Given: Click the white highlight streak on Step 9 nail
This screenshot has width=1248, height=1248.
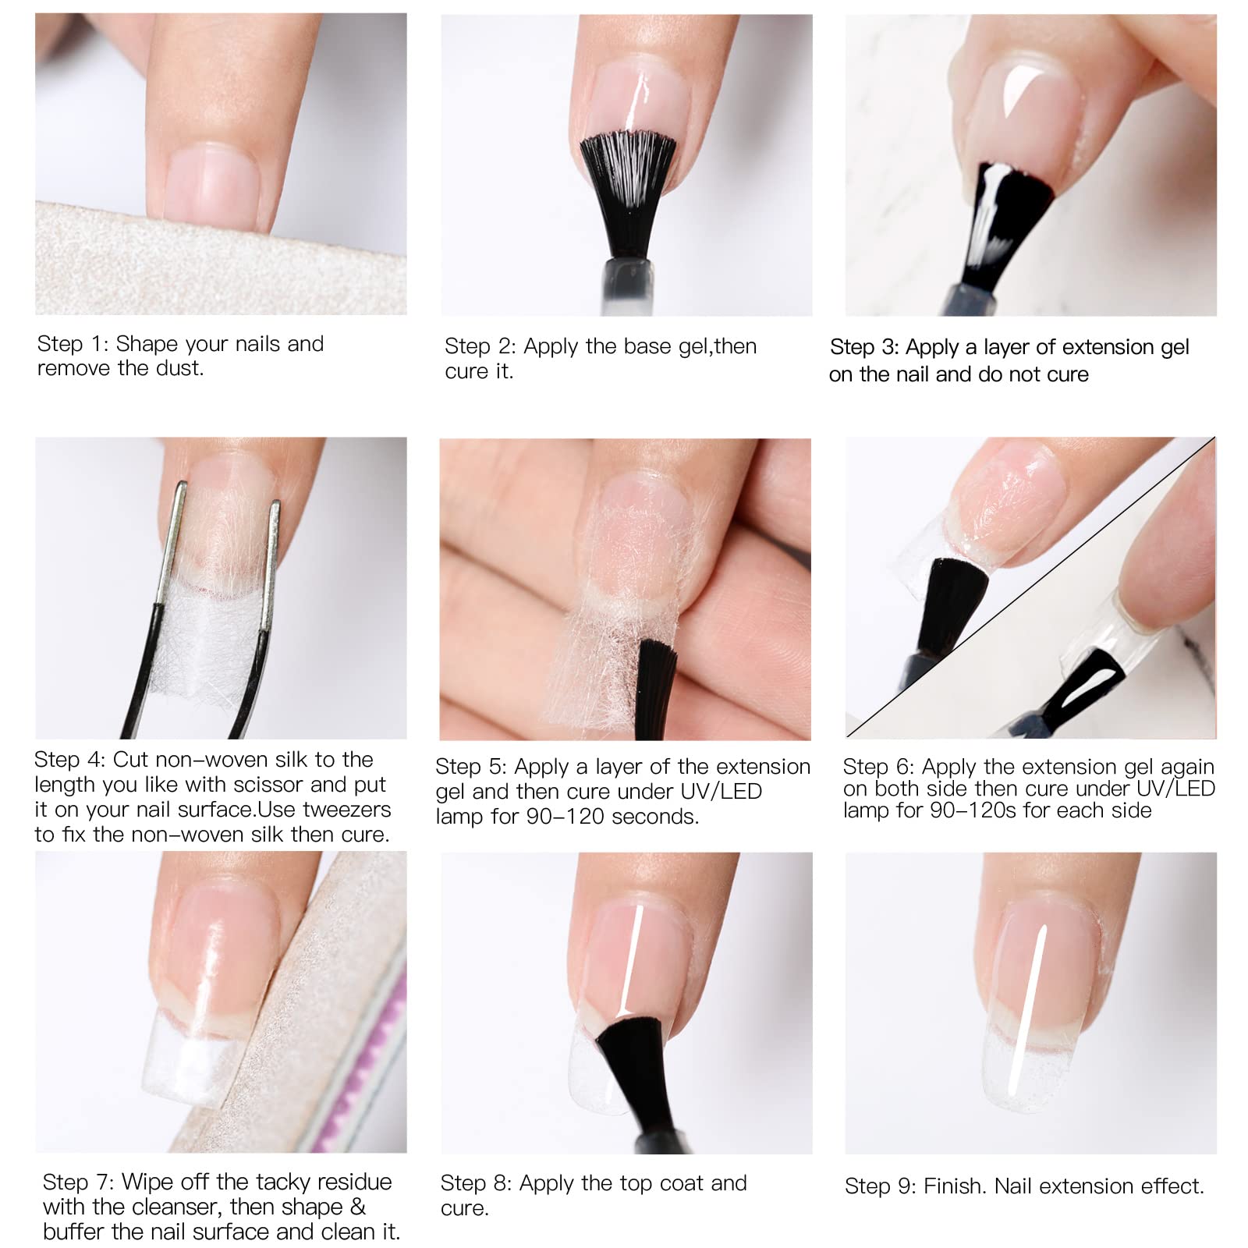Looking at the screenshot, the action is coord(1026,1010).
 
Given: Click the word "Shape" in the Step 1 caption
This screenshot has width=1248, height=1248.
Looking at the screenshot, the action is coord(147,344).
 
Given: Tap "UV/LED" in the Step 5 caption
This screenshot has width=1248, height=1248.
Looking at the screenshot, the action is coord(721,792).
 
